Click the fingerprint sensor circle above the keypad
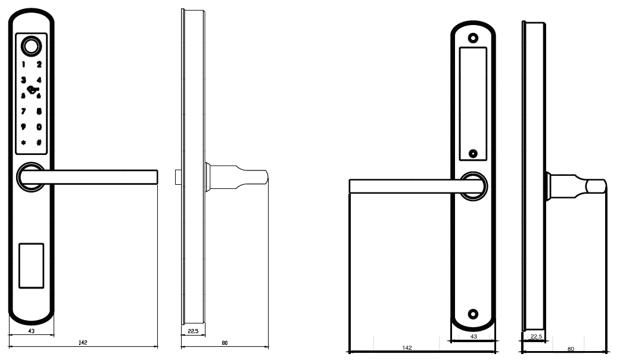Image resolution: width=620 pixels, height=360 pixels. [31, 46]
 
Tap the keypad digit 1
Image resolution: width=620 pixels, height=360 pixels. [24, 64]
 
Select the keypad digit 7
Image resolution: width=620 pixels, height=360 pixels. [23, 111]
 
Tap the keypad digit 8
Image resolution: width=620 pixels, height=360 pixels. [39, 111]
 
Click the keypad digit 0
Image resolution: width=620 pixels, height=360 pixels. [39, 127]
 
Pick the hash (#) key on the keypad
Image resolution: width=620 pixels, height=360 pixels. [39, 142]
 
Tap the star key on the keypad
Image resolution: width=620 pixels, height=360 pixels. [23, 142]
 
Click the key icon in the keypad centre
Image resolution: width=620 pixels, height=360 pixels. [32, 90]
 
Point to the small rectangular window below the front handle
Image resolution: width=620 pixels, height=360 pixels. [31, 265]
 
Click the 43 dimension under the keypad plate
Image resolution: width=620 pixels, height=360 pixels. [31, 331]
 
